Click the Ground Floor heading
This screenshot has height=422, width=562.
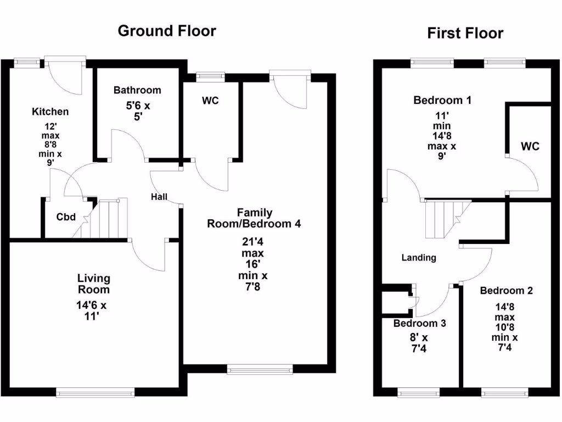click(167, 31)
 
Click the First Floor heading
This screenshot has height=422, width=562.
click(465, 34)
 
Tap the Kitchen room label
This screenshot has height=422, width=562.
click(50, 112)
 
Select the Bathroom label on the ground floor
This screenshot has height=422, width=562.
click(137, 90)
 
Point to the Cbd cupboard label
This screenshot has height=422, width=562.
click(65, 216)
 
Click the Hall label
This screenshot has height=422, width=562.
click(160, 197)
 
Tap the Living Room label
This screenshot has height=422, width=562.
click(93, 284)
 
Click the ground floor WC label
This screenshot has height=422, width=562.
click(211, 101)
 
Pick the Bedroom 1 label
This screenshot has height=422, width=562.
click(442, 100)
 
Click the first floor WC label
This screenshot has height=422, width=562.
click(530, 146)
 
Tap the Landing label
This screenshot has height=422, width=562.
click(419, 257)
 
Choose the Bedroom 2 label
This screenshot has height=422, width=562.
click(506, 291)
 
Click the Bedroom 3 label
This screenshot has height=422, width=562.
click(419, 323)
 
